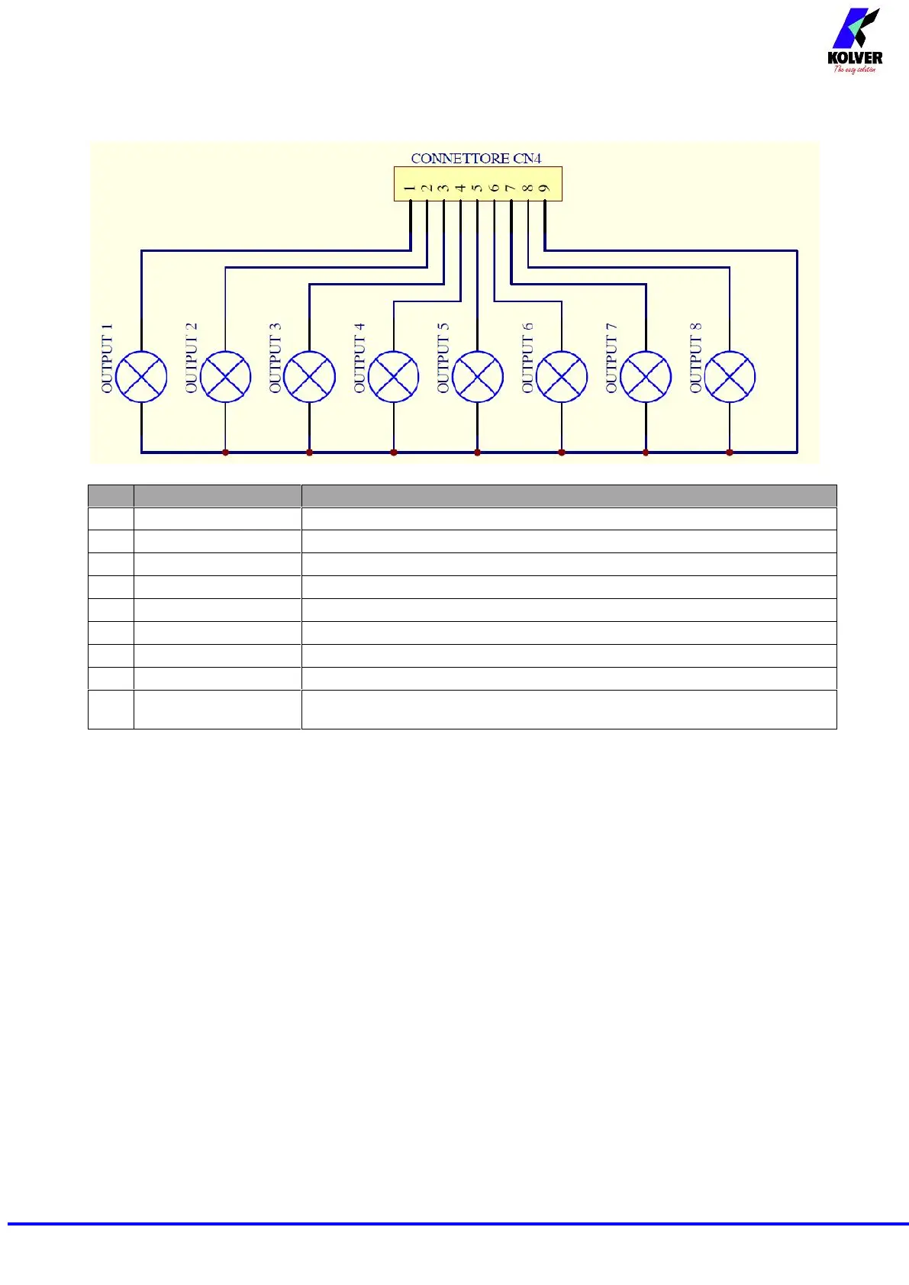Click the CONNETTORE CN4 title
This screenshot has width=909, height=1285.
pyautogui.click(x=476, y=159)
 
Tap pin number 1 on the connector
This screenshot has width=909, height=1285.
pyautogui.click(x=411, y=188)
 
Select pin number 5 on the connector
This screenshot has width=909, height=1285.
pyautogui.click(x=477, y=188)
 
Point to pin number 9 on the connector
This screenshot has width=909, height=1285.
pyautogui.click(x=544, y=188)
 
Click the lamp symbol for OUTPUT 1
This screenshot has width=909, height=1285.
pyautogui.click(x=141, y=376)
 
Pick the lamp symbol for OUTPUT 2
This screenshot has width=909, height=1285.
pyautogui.click(x=225, y=376)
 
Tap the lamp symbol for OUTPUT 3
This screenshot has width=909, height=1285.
pyautogui.click(x=309, y=376)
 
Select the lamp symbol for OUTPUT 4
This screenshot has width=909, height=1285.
pyautogui.click(x=394, y=376)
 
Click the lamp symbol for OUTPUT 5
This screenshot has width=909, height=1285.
pyautogui.click(x=478, y=376)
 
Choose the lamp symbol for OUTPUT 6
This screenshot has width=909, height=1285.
pyautogui.click(x=562, y=376)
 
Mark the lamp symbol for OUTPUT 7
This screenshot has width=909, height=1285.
pyautogui.click(x=646, y=376)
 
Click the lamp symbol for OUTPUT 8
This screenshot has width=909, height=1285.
pyautogui.click(x=730, y=376)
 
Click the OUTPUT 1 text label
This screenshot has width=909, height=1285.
pyautogui.click(x=107, y=359)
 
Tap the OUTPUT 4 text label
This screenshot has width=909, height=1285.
pyautogui.click(x=359, y=359)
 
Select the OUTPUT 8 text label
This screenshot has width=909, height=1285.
pyautogui.click(x=695, y=359)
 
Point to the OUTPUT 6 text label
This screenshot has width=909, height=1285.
pyautogui.click(x=527, y=359)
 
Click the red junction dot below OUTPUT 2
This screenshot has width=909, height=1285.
pyautogui.click(x=225, y=452)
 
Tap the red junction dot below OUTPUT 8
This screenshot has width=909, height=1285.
pyautogui.click(x=730, y=452)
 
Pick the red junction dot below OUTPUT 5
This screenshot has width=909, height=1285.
pyautogui.click(x=478, y=452)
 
